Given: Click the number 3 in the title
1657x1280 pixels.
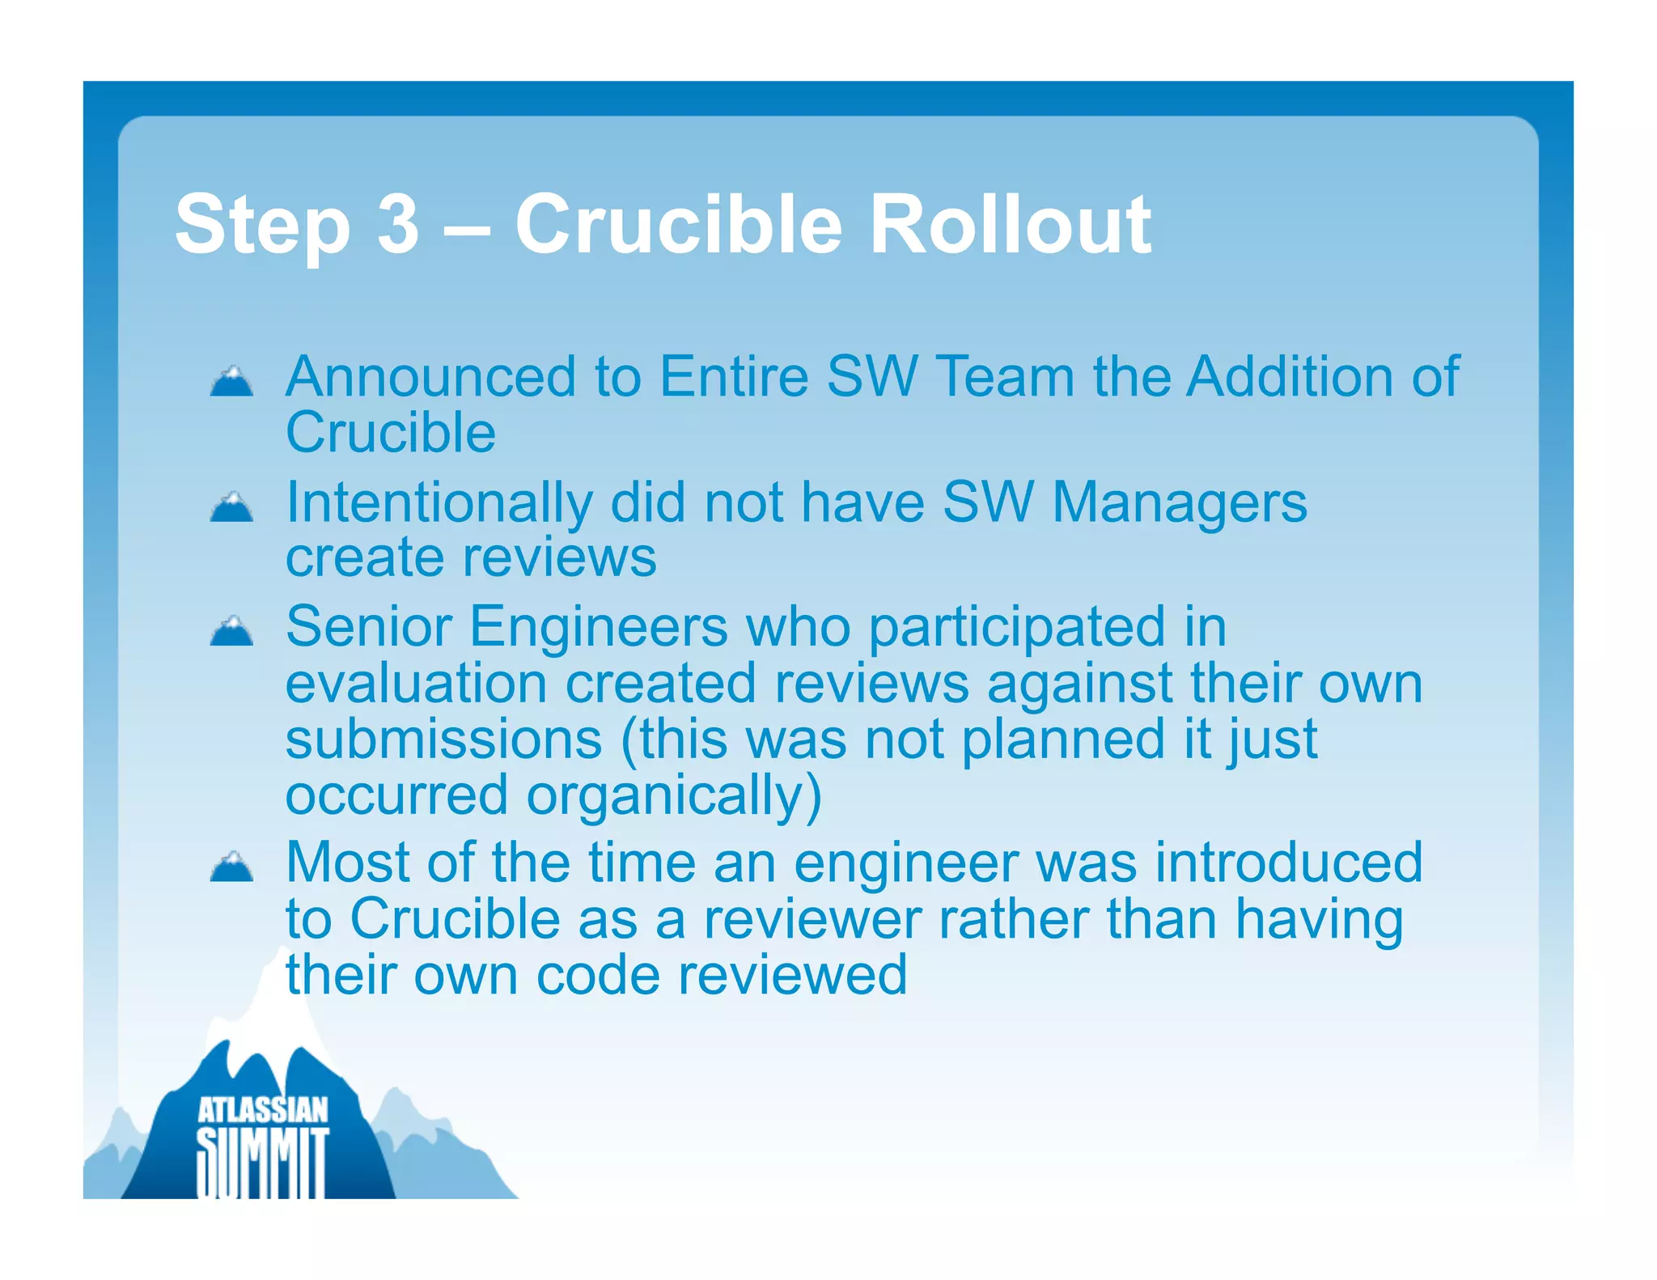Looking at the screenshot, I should click(x=398, y=224).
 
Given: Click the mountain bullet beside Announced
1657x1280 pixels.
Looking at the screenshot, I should click(x=231, y=382).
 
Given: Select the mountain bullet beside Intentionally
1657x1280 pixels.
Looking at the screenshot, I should click(x=231, y=507).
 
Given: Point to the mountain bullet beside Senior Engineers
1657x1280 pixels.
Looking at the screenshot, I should click(x=231, y=632).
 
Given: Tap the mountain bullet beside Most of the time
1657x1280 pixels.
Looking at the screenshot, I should click(x=231, y=867).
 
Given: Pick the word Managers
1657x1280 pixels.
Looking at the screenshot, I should click(x=1179, y=503).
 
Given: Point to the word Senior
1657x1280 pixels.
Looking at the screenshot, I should click(x=369, y=627).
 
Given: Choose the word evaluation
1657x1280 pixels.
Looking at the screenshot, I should click(x=416, y=684).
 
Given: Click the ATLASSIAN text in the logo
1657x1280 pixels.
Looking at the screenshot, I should click(x=263, y=1111).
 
